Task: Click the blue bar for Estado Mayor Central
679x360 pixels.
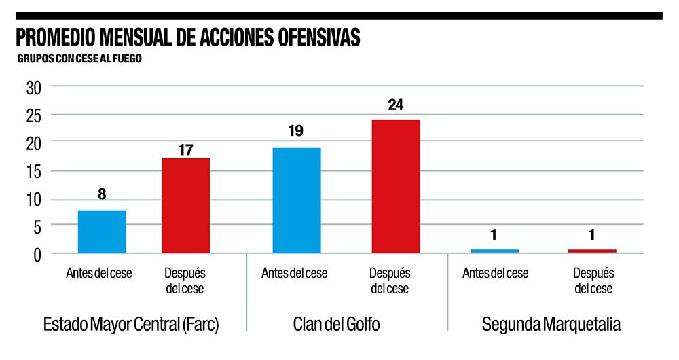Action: pyautogui.click(x=102, y=232)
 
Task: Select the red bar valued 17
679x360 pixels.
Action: pyautogui.click(x=185, y=206)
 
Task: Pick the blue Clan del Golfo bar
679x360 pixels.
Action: pyautogui.click(x=296, y=200)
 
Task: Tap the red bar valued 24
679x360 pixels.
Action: pyautogui.click(x=395, y=186)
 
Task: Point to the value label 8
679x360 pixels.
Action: pyautogui.click(x=102, y=194)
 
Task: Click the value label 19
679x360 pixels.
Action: pyautogui.click(x=295, y=132)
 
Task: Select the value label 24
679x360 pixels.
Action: pyautogui.click(x=395, y=105)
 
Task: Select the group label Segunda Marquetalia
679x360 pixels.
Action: pyautogui.click(x=551, y=324)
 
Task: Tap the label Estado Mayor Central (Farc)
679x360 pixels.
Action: pyautogui.click(x=131, y=324)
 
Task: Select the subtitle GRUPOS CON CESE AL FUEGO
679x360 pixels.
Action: pyautogui.click(x=79, y=59)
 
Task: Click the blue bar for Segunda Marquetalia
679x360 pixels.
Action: pyautogui.click(x=494, y=251)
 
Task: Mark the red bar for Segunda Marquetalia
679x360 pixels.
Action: pyautogui.click(x=592, y=251)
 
